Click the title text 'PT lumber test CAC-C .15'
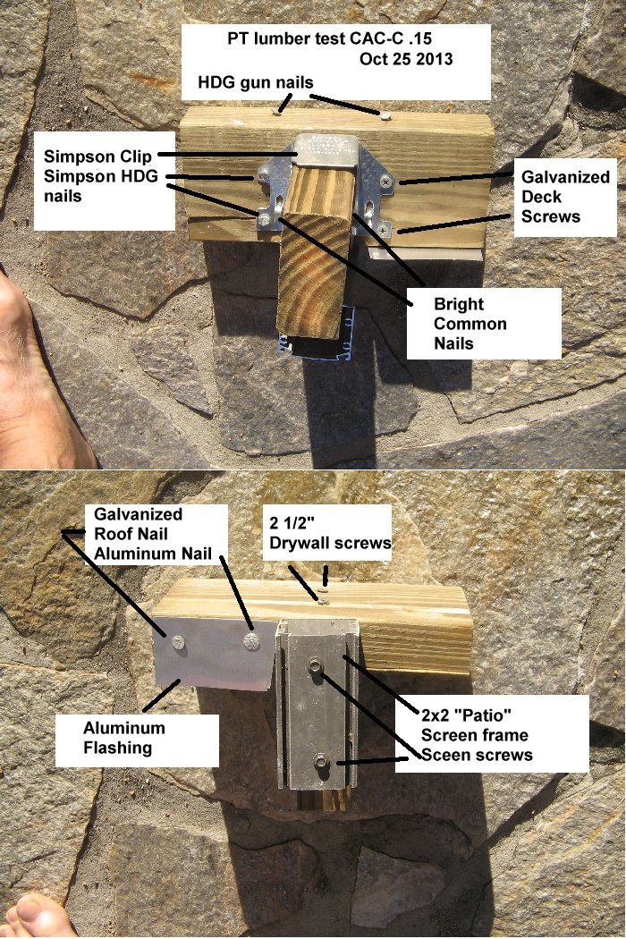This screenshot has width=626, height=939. (x=336, y=39)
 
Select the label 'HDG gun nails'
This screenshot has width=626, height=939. (x=255, y=83)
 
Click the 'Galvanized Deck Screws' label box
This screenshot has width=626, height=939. (x=565, y=197)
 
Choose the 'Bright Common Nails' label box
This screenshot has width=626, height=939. (x=483, y=323)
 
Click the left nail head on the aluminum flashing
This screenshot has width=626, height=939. (x=178, y=641)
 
